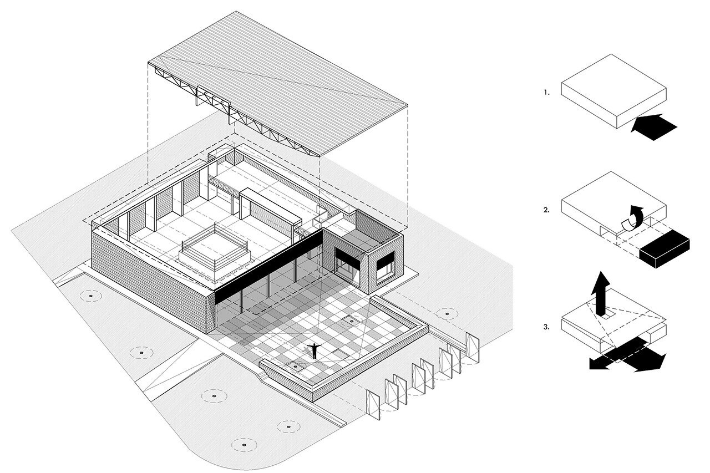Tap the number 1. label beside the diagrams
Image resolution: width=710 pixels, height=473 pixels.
point(547,93)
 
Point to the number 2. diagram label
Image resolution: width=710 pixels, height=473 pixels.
point(547,210)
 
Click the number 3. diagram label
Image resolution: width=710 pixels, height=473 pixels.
point(547,327)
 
